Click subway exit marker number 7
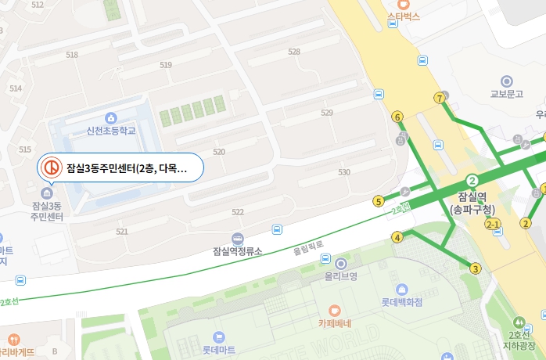click(440, 98)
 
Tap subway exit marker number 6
click(397, 117)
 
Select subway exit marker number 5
click(379, 201)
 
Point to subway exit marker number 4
click(397, 237)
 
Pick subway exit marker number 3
click(475, 269)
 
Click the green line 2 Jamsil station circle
click(472, 179)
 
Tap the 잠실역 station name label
click(472, 197)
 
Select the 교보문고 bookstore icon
click(506, 81)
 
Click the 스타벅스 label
click(404, 16)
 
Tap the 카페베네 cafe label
click(334, 322)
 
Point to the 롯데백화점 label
click(402, 301)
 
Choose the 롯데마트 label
click(218, 350)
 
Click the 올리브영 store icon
click(340, 263)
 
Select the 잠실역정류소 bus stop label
click(237, 251)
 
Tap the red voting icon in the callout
click(52, 167)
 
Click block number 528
click(294, 52)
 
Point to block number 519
click(165, 65)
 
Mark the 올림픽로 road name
click(307, 251)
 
